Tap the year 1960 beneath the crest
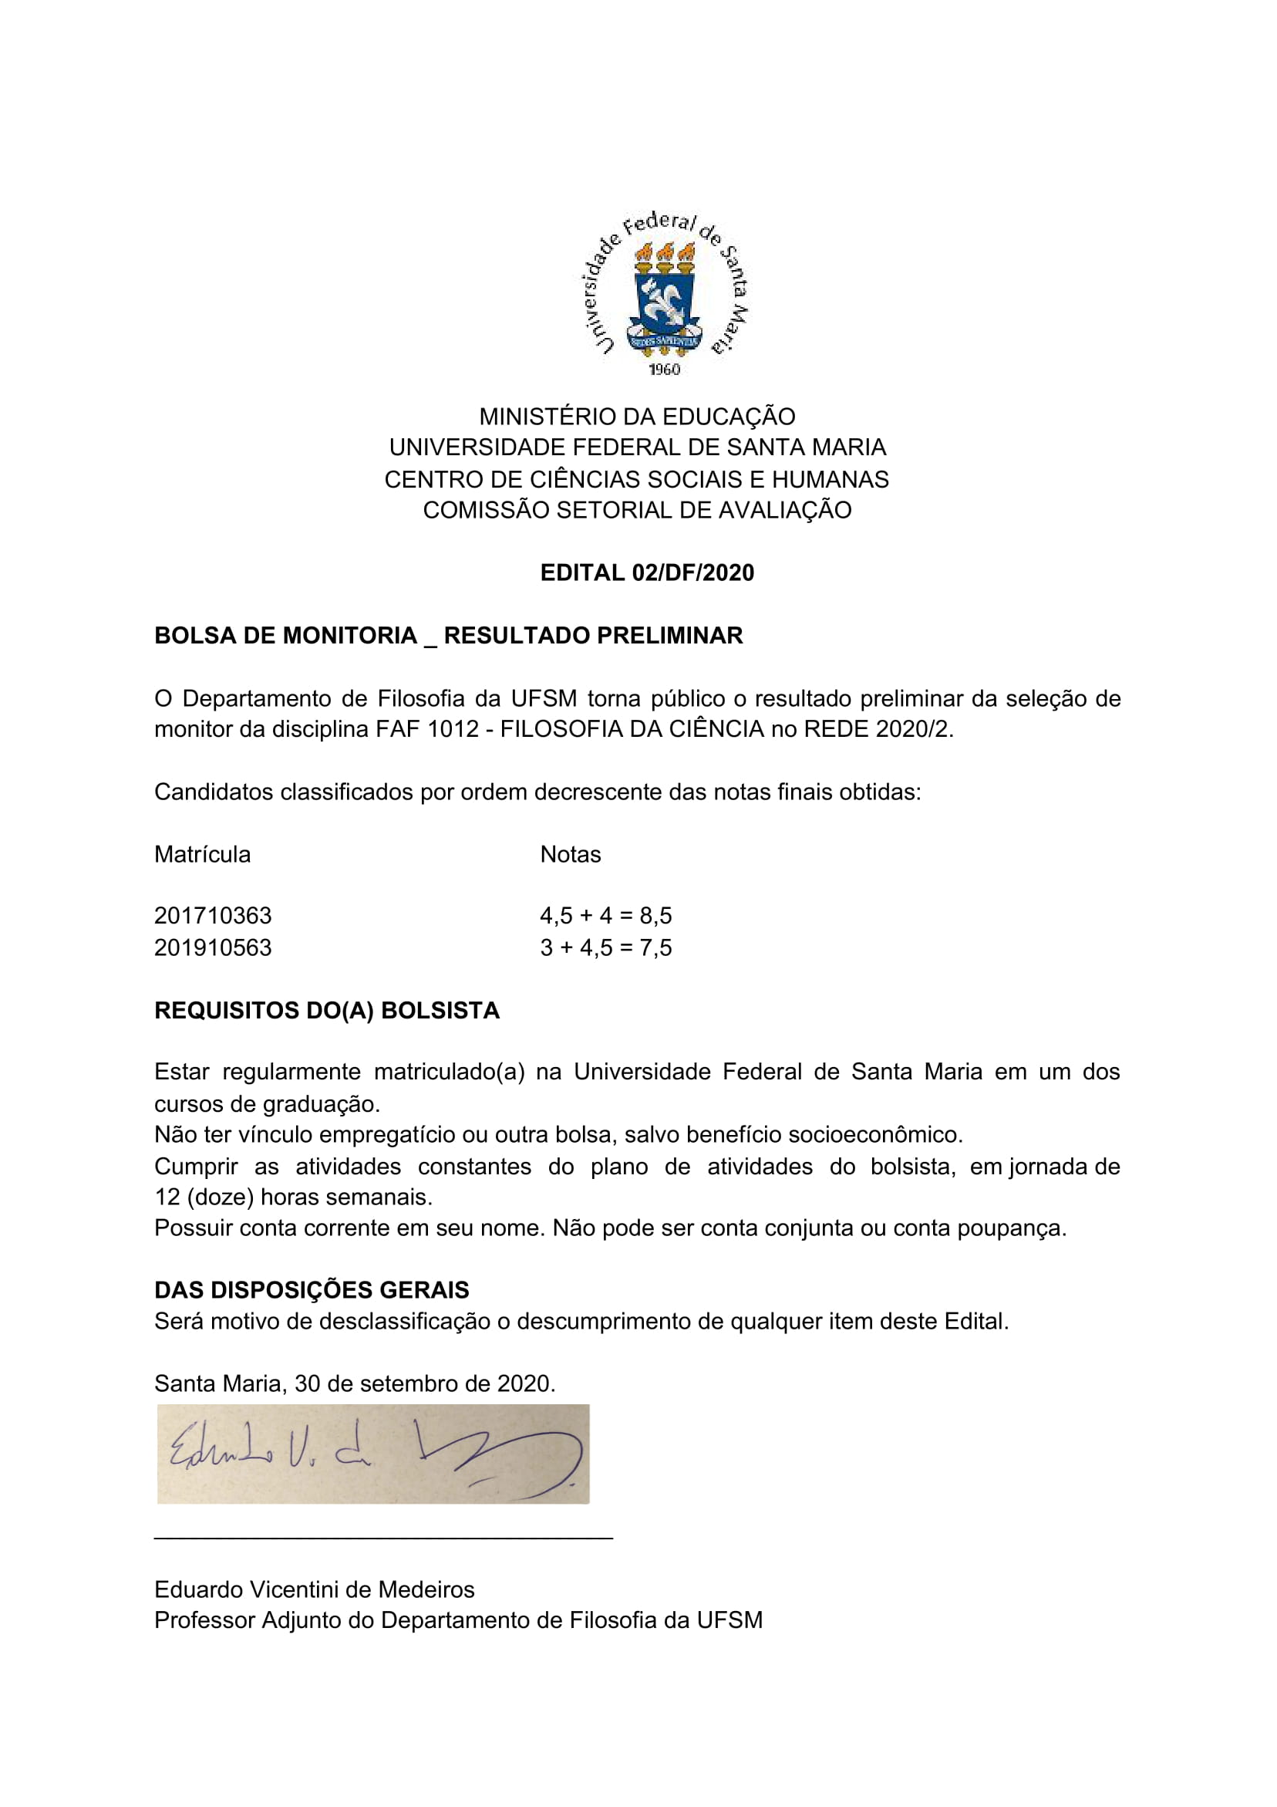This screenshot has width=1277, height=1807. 664,369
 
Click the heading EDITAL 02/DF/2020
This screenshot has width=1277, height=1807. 647,572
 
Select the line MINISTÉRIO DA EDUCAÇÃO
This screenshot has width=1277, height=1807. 637,417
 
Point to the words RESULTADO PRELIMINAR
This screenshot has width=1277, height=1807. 593,635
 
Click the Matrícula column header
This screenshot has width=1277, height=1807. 202,854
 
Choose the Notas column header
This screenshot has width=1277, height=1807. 571,854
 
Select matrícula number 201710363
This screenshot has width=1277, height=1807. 212,915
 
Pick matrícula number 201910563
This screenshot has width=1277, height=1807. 212,947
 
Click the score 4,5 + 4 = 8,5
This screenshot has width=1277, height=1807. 606,915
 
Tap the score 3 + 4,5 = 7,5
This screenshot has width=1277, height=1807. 606,947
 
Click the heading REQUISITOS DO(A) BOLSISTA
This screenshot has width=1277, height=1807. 326,1011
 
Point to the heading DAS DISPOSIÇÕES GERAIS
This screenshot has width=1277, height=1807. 312,1290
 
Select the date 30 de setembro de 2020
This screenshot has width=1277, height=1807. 425,1383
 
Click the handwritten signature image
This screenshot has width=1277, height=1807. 373,1454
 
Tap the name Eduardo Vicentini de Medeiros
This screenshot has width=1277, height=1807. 314,1589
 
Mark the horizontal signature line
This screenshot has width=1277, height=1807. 383,1536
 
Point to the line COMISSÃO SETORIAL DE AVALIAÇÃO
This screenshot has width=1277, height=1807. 637,510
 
